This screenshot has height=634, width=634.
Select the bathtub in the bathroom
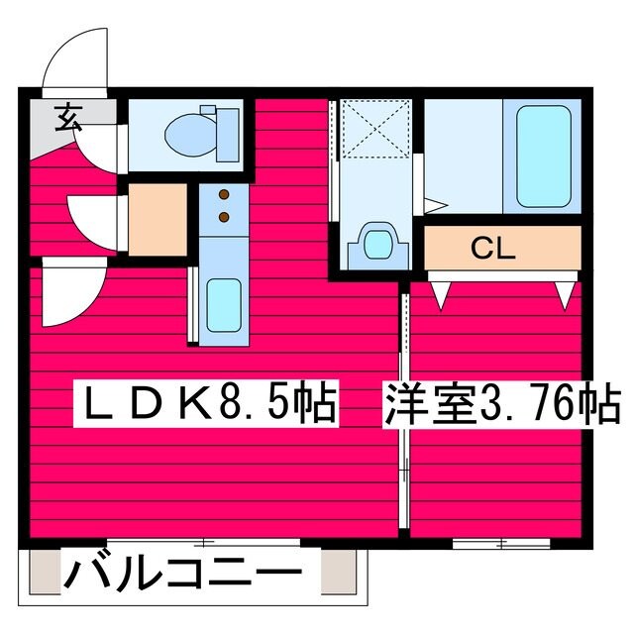click(542, 154)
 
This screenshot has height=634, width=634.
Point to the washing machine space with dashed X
click(375, 131)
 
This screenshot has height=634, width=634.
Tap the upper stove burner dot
click(224, 194)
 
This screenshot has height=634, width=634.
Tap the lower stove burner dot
click(224, 215)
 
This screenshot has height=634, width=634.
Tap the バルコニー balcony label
click(183, 574)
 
